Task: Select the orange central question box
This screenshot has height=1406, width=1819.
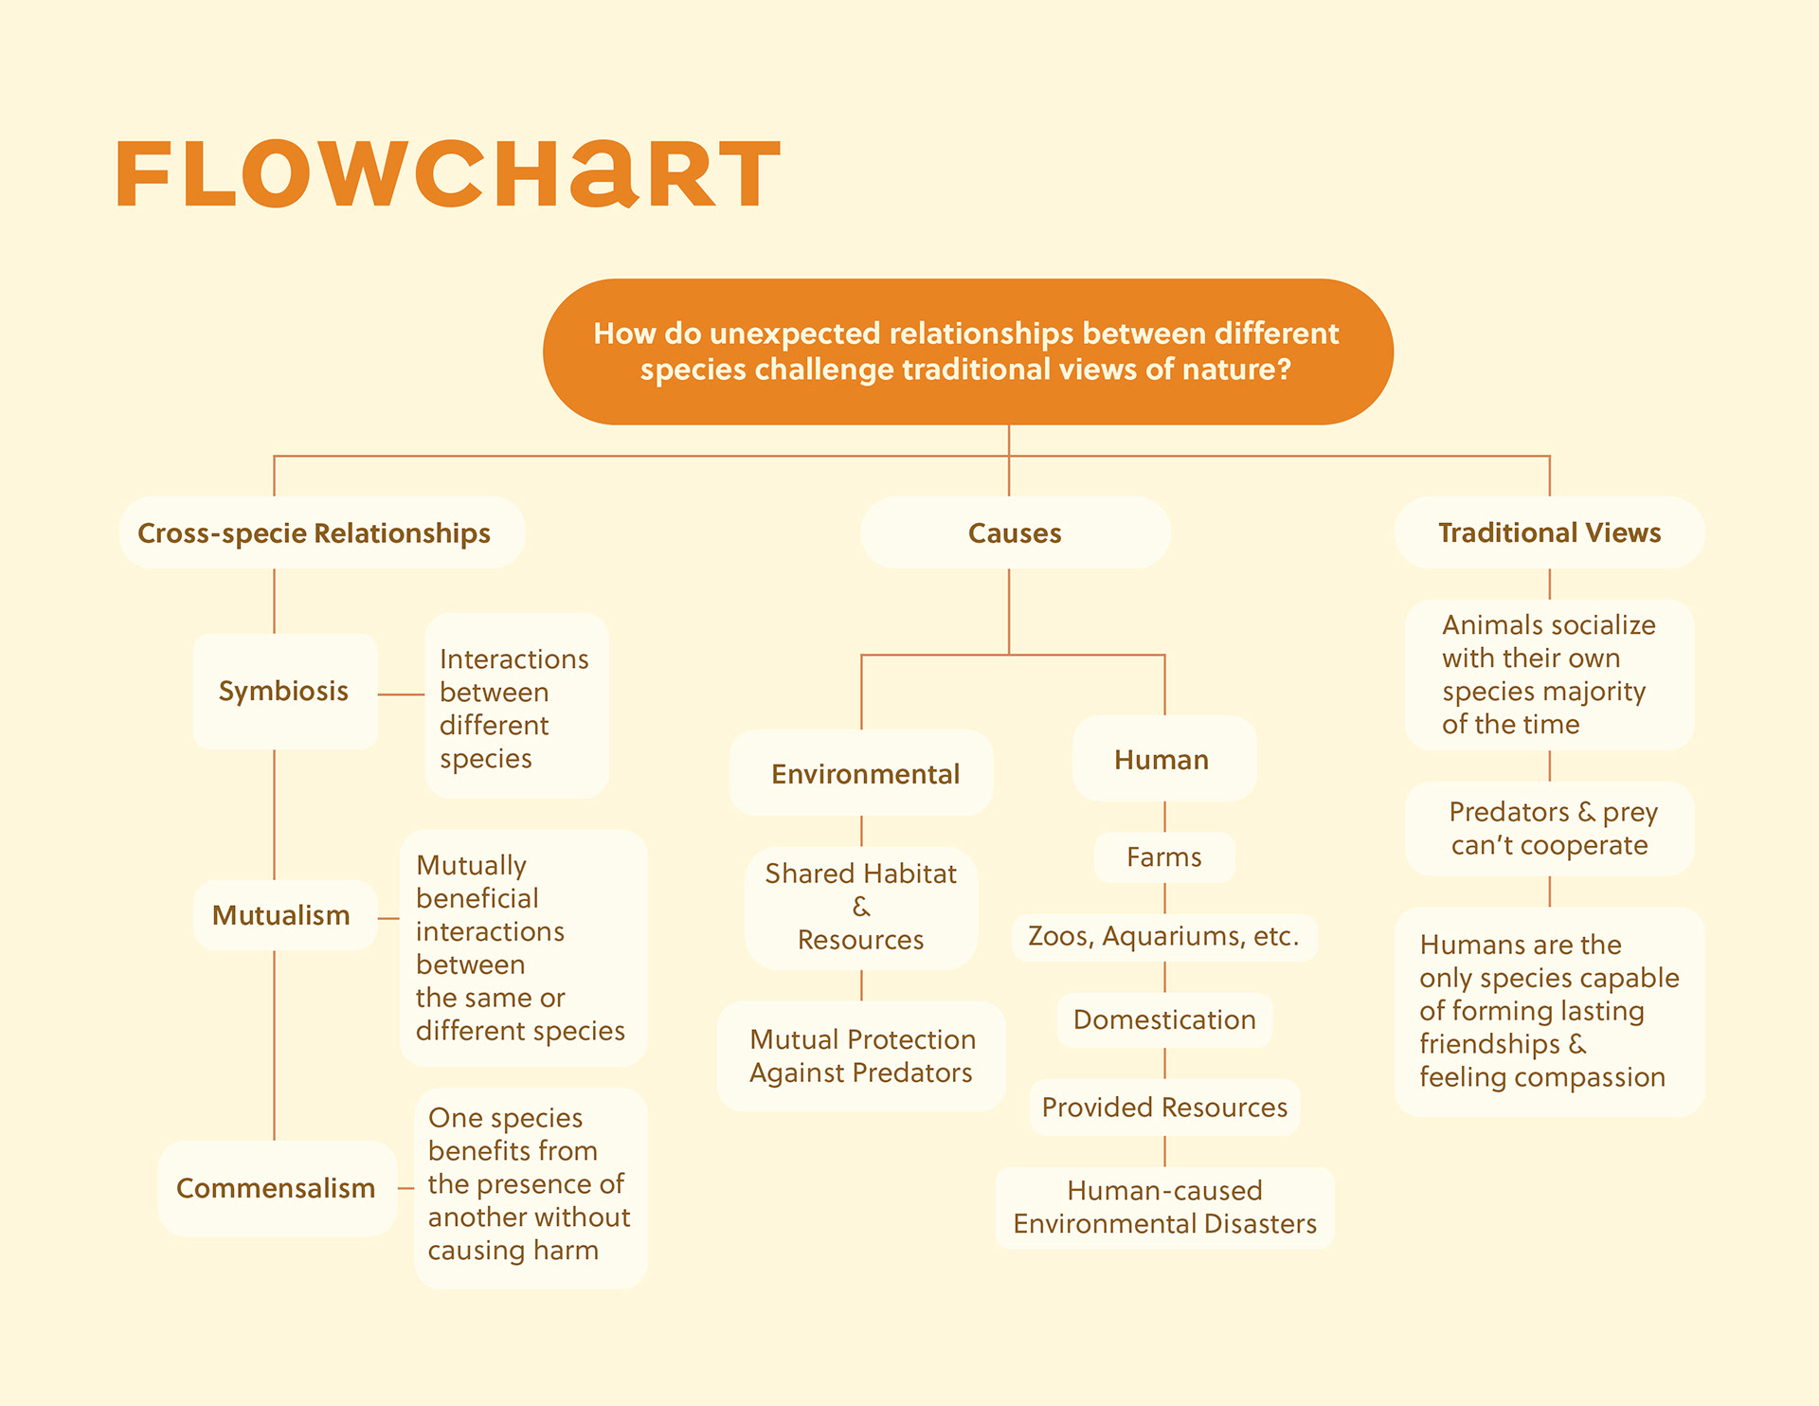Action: click(x=967, y=351)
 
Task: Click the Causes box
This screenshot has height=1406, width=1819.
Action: click(x=1015, y=533)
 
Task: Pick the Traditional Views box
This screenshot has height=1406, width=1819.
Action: click(x=1549, y=533)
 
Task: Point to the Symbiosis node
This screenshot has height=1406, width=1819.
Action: click(x=284, y=692)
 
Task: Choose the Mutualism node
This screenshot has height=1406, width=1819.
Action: click(x=282, y=915)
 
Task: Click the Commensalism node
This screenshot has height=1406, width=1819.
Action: click(x=277, y=1188)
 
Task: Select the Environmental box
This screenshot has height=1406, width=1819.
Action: click(x=863, y=774)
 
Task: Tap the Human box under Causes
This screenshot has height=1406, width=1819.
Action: click(x=1162, y=760)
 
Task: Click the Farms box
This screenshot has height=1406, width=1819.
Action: click(x=1164, y=857)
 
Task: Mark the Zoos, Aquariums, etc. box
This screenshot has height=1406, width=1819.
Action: click(x=1163, y=937)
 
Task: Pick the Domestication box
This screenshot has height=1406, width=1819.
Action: click(x=1164, y=1020)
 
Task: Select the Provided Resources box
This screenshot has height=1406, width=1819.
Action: click(x=1164, y=1108)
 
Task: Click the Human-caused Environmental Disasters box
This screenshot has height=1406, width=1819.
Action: click(x=1164, y=1207)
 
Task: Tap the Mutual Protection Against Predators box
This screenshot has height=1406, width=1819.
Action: click(x=861, y=1056)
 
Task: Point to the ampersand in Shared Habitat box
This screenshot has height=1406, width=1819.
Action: click(x=860, y=907)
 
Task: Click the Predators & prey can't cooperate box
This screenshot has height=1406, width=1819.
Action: click(x=1549, y=828)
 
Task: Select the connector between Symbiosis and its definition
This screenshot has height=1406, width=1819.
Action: click(x=401, y=694)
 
